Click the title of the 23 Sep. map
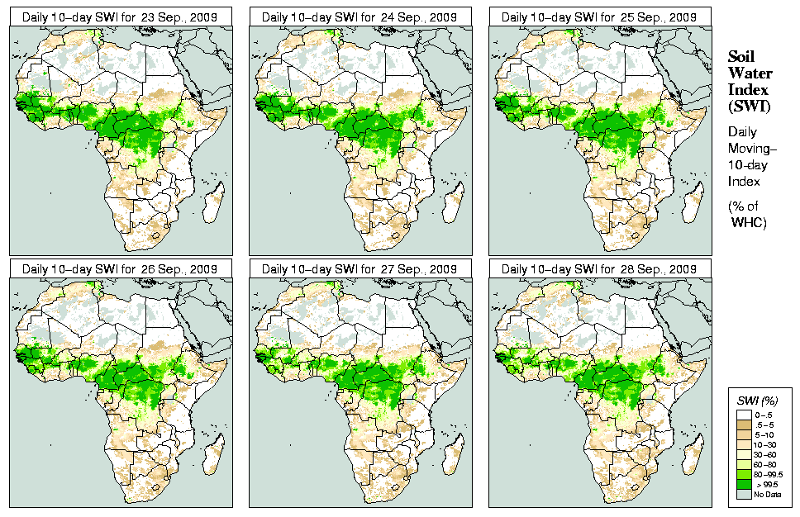tap(120, 17)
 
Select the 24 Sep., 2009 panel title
tap(360, 17)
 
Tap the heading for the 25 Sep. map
tap(599, 17)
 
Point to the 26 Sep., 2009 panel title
tap(120, 269)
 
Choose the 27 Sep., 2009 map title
tap(360, 269)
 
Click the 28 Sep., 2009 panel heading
tap(599, 269)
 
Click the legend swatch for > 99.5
tap(744, 485)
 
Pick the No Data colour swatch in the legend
tap(744, 495)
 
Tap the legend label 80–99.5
tap(769, 474)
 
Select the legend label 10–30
tap(766, 444)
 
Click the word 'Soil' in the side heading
tap(740, 56)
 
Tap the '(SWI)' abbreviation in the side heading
tap(747, 106)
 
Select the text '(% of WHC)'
tap(747, 213)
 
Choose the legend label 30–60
tap(766, 454)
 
